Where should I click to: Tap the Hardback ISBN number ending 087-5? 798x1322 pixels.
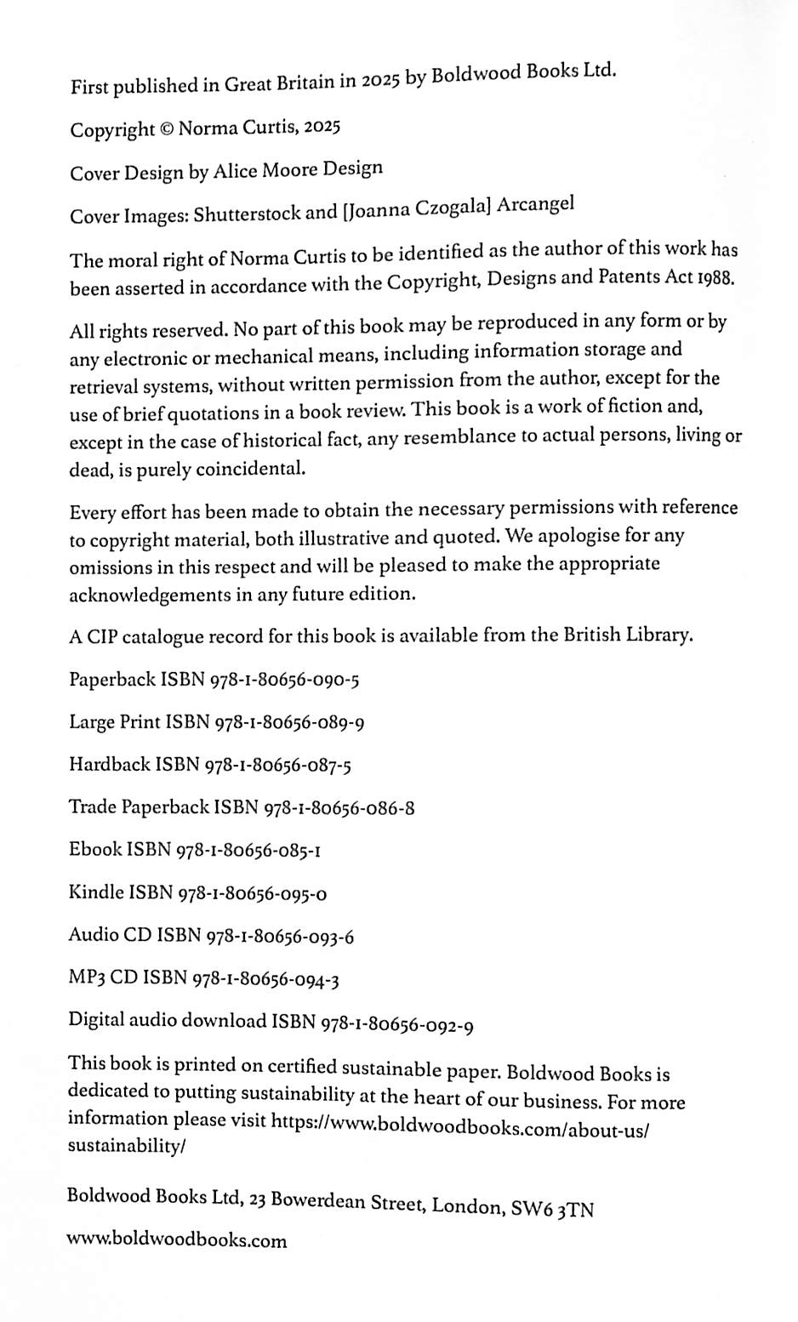[278, 765]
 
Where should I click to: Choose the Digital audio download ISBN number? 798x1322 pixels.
[396, 1024]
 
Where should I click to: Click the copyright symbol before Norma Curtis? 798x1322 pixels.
[167, 129]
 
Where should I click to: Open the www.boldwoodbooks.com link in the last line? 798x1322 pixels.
[177, 1240]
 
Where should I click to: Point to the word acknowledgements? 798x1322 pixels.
[150, 595]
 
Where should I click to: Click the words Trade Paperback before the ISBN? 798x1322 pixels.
[139, 807]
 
